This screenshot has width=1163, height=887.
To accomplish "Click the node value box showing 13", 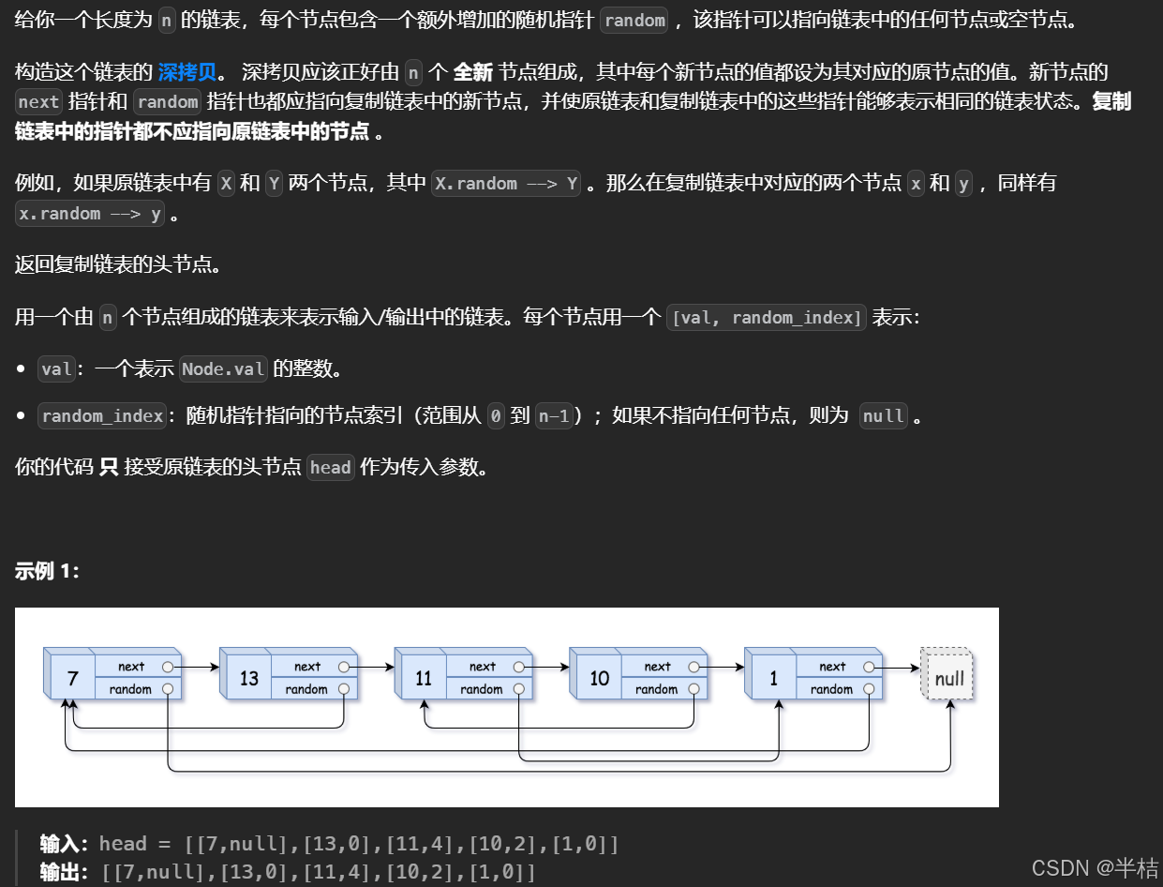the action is click(x=248, y=677).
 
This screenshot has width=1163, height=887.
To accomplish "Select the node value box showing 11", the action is click(x=424, y=677).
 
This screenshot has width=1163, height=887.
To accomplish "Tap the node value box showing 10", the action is click(x=599, y=677).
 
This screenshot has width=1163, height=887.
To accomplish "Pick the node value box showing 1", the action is click(x=774, y=677).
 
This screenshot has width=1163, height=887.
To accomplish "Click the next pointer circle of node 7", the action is click(x=168, y=667).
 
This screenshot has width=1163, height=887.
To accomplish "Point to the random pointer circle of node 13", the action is click(x=344, y=689).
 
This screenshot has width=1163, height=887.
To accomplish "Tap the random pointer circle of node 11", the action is click(x=519, y=689).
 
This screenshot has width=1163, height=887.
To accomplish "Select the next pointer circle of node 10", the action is click(x=694, y=667).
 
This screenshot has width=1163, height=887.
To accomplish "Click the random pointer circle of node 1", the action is click(x=870, y=689).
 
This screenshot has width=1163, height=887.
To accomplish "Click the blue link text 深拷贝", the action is click(x=187, y=72).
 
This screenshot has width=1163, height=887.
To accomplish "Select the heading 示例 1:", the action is click(x=48, y=571).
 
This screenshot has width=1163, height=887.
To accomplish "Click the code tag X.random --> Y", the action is click(x=507, y=184).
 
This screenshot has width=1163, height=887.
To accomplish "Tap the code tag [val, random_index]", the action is click(x=766, y=318).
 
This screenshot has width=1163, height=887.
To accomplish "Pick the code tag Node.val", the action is click(x=223, y=369).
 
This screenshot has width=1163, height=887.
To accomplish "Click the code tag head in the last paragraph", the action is click(x=330, y=467).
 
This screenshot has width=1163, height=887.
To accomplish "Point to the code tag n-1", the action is click(x=553, y=416).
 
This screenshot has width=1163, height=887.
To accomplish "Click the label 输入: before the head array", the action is click(x=66, y=844).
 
